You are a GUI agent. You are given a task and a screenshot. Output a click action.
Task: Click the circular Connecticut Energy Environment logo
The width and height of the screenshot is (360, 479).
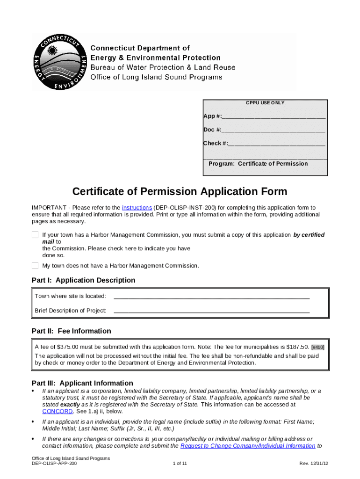click(58, 61)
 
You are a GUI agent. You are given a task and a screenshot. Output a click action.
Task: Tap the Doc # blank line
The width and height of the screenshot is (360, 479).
click(274, 130)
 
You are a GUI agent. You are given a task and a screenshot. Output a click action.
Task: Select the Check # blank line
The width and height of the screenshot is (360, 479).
click(277, 144)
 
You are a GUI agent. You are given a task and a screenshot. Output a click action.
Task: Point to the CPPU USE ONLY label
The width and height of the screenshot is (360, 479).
click(265, 103)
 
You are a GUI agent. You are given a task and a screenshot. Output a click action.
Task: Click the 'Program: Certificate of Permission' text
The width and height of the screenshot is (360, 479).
click(258, 164)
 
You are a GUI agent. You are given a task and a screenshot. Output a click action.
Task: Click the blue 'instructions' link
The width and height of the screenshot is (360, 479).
click(137, 208)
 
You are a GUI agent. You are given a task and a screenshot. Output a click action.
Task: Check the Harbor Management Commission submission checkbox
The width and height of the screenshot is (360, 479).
click(35, 235)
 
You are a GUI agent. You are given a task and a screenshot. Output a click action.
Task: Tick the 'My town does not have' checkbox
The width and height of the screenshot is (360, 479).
click(35, 266)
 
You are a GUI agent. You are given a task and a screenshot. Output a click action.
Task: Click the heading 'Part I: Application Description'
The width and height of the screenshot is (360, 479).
click(84, 280)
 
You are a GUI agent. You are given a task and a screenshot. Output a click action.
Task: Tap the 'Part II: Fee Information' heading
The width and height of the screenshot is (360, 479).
click(72, 331)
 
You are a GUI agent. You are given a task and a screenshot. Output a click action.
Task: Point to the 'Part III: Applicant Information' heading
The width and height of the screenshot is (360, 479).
click(82, 383)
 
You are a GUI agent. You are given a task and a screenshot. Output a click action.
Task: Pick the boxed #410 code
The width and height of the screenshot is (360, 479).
click(318, 347)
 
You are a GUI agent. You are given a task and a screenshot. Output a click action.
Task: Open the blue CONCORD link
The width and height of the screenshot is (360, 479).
click(57, 412)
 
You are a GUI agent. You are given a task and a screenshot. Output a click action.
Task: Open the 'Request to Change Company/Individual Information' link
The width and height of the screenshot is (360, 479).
click(247, 446)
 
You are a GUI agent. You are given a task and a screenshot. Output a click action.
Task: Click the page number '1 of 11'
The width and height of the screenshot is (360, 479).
click(180, 464)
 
